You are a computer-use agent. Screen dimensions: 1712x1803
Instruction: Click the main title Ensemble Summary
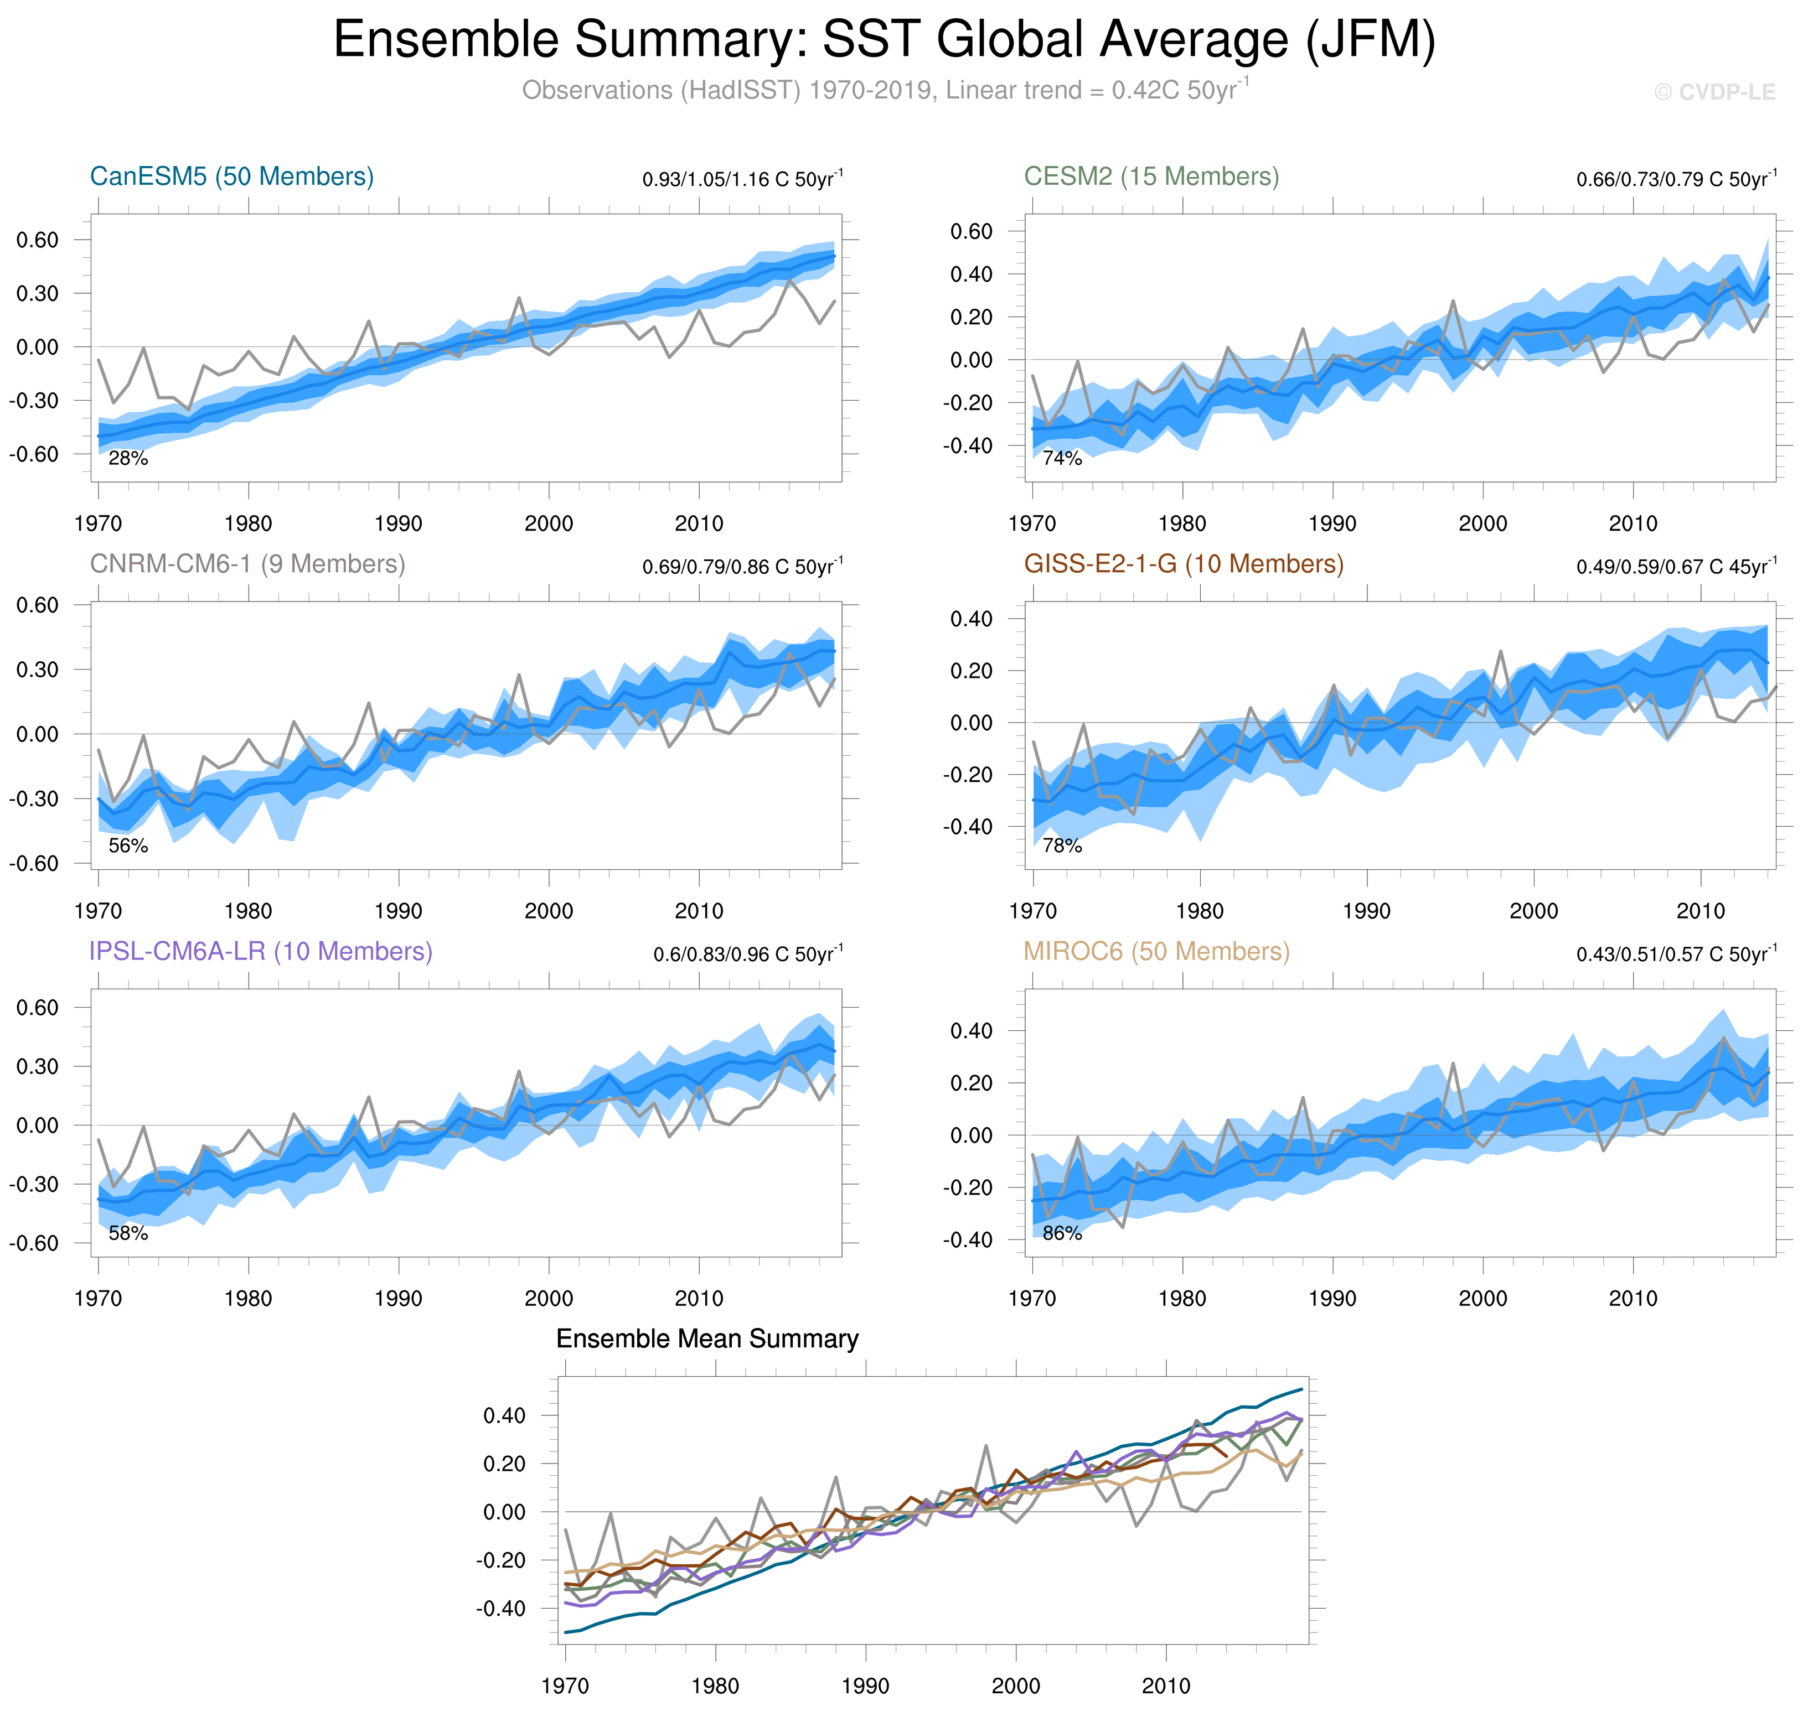(884, 40)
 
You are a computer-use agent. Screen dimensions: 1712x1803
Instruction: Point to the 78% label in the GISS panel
(1062, 846)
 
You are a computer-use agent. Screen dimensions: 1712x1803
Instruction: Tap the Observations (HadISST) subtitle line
(884, 90)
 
